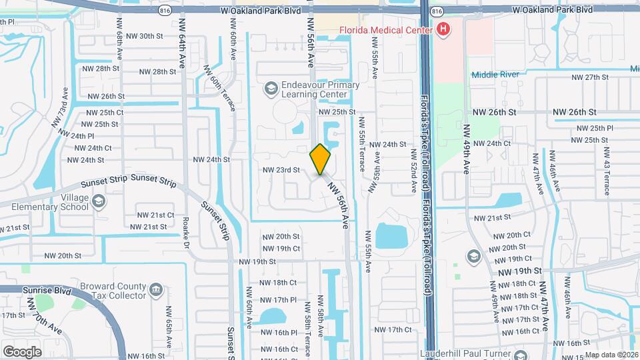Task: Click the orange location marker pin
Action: (321, 159)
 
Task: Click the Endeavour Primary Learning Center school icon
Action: (271, 87)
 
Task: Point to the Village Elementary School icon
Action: (99, 201)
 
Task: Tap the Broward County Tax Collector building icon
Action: (155, 289)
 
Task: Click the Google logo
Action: (22, 351)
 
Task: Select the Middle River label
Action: (495, 75)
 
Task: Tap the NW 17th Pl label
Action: (279, 300)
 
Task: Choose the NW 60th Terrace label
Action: (219, 92)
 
